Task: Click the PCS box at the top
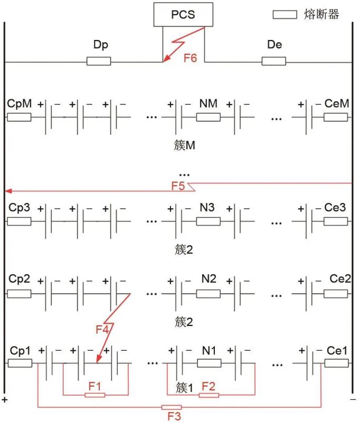(x=183, y=14)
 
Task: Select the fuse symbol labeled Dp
(x=99, y=62)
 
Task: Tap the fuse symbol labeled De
(x=274, y=62)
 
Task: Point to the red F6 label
(x=190, y=58)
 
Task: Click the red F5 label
(x=177, y=185)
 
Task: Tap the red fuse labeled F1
(x=95, y=394)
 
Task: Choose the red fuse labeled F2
(x=209, y=395)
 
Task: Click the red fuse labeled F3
(x=171, y=407)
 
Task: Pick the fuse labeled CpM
(x=19, y=117)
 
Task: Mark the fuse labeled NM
(x=208, y=117)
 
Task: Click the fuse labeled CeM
(x=336, y=117)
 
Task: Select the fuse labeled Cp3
(x=19, y=221)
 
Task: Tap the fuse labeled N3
(x=208, y=221)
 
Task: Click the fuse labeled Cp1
(x=20, y=363)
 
